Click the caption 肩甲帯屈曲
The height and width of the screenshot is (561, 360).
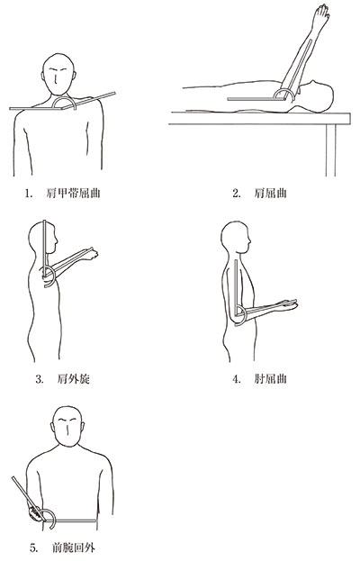73,194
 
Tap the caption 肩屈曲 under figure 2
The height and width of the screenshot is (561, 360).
270,194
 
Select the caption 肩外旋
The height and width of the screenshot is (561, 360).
73,379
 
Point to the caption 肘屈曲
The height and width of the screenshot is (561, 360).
270,379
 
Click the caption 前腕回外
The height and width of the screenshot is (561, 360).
74,547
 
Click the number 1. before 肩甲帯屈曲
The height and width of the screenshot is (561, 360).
28,194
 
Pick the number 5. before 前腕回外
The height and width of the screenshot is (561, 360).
33,547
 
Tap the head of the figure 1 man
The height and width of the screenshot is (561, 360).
58,74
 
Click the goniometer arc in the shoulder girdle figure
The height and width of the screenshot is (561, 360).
64,97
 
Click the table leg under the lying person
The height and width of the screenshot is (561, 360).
331,150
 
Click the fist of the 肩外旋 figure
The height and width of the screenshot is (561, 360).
93,254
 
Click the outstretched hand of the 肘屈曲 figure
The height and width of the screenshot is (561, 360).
288,305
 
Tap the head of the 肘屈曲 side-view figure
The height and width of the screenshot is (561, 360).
235,238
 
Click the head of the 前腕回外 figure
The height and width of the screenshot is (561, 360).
67,426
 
